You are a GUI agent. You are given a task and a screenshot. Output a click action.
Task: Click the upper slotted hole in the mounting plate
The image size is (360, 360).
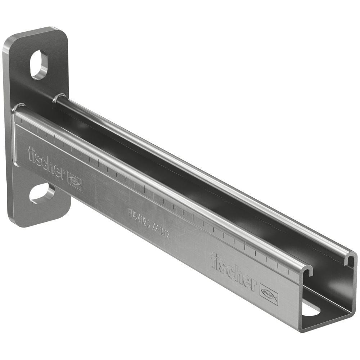[x=39, y=65]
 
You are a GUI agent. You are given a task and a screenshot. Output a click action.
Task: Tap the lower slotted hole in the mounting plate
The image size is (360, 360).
[x=42, y=193]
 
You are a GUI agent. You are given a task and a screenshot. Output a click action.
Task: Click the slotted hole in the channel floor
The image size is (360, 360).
[x=310, y=309]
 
